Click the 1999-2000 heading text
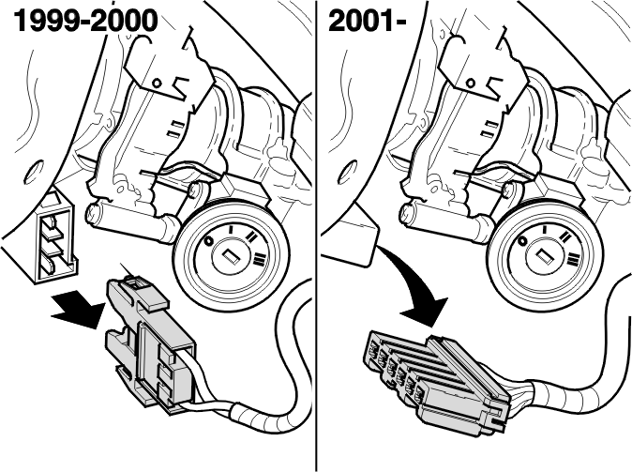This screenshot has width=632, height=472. (85, 21)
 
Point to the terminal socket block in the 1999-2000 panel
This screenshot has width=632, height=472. (56, 237)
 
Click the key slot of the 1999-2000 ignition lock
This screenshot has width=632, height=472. (231, 256)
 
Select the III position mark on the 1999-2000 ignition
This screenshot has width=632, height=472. (260, 258)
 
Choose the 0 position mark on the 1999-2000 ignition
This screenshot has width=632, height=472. (208, 241)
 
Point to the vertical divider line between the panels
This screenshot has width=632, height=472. (316, 236)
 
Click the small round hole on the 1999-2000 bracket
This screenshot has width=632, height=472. (158, 84)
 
